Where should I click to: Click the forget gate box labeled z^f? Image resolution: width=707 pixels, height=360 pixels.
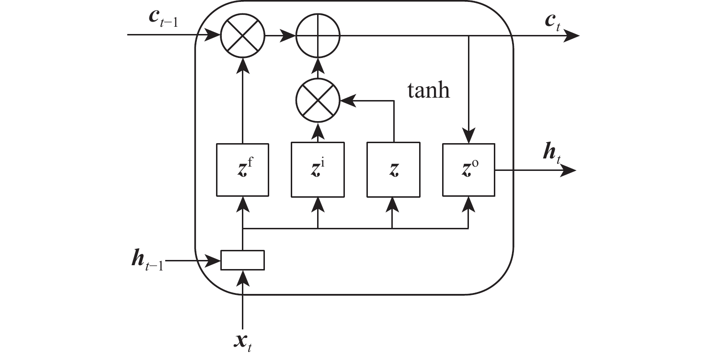tap(242, 169)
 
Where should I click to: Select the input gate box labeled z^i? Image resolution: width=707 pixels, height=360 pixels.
tap(318, 169)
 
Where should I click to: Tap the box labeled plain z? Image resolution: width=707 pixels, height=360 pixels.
tap(393, 169)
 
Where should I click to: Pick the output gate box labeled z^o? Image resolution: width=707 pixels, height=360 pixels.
tap(468, 169)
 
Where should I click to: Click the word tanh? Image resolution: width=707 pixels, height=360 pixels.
tap(429, 90)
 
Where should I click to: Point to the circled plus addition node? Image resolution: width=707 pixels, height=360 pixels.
tap(318, 35)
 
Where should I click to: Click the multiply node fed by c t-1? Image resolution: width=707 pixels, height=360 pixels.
tap(242, 35)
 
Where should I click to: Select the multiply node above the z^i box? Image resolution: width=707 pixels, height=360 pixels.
tap(318, 100)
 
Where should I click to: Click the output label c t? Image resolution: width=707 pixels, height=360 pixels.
tap(552, 22)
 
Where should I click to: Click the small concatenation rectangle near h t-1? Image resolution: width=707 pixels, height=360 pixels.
tap(242, 260)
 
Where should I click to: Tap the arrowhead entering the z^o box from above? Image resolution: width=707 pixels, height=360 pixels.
tap(468, 135)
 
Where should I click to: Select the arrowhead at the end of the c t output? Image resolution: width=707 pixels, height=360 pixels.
tap(572, 35)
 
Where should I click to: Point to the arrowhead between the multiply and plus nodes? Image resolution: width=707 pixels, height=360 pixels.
tap(289, 35)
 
